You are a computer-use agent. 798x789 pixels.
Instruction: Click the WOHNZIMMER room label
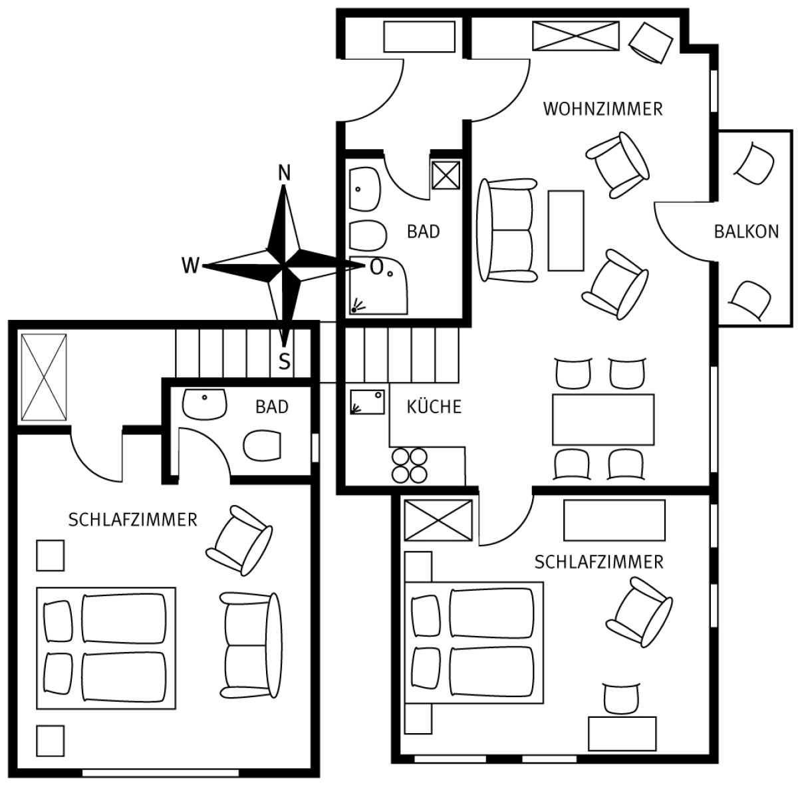(x=602, y=109)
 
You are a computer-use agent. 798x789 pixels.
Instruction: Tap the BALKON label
(x=746, y=232)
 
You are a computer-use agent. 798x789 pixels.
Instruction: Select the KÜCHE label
(x=434, y=406)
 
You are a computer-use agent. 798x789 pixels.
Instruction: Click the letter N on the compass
(x=284, y=173)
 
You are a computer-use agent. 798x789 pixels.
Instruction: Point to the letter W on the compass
(x=190, y=265)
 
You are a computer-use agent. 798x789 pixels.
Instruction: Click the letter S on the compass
(x=284, y=361)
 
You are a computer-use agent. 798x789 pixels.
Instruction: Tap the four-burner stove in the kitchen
(x=409, y=465)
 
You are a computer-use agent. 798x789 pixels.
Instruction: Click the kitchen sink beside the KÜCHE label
(x=367, y=402)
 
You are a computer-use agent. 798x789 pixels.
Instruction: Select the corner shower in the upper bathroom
(x=378, y=286)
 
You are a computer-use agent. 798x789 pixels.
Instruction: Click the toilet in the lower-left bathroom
(x=262, y=446)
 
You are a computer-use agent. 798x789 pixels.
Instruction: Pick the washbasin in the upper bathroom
(x=364, y=189)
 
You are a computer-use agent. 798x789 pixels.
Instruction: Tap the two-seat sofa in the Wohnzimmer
(x=507, y=230)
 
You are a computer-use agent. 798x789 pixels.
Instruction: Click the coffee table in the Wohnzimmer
(x=566, y=231)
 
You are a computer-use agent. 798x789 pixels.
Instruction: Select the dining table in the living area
(x=603, y=419)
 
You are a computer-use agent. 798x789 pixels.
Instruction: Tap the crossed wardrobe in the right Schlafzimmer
(x=438, y=520)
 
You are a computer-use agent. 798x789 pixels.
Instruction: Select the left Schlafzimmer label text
(x=132, y=520)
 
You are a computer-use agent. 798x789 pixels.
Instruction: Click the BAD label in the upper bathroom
(x=423, y=232)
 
